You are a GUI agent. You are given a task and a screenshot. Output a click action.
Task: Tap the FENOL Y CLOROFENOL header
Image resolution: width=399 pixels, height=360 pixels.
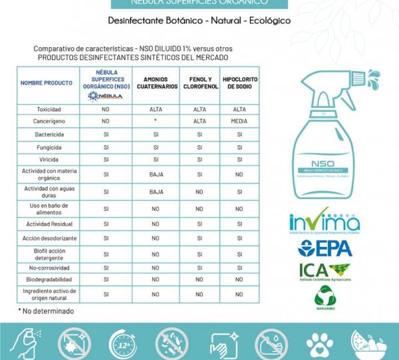pyautogui.click(x=199, y=83)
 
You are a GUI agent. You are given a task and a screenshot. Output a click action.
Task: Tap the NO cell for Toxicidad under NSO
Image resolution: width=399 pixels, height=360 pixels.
pyautogui.click(x=106, y=109)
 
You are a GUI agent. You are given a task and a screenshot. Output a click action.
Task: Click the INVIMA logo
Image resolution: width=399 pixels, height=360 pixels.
pyautogui.click(x=324, y=224)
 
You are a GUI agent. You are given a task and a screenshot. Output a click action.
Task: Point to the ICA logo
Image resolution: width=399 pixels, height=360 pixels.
pyautogui.click(x=324, y=271)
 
